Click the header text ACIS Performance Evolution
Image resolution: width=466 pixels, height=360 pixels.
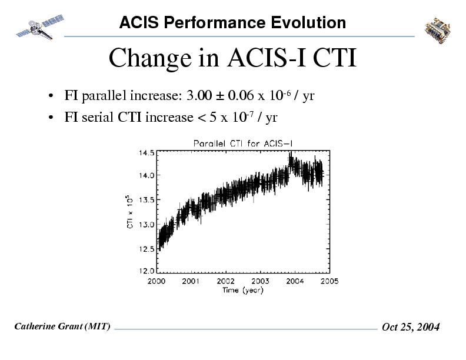[x=232, y=23]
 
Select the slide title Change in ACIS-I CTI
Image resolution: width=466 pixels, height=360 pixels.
[x=232, y=58]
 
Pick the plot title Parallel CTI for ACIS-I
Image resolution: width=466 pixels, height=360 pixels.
[x=242, y=143]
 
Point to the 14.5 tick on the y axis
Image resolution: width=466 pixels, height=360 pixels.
[x=147, y=152]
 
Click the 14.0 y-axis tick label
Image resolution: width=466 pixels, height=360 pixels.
[x=147, y=175]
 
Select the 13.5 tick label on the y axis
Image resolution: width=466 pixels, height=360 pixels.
[x=147, y=199]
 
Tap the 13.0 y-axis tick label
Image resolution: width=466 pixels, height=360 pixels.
[x=147, y=224]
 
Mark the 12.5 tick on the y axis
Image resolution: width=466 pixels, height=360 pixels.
[x=147, y=248]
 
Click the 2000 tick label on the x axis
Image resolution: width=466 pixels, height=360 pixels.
[x=156, y=281]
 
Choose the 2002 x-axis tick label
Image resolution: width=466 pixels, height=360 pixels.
[x=225, y=281]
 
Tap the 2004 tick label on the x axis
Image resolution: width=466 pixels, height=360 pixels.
[x=295, y=281]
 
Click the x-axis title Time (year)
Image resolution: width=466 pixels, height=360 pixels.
[x=242, y=290]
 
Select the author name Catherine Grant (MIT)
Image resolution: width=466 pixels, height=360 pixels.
[x=62, y=326]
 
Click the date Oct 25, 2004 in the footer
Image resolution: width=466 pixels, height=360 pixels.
[x=411, y=327]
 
